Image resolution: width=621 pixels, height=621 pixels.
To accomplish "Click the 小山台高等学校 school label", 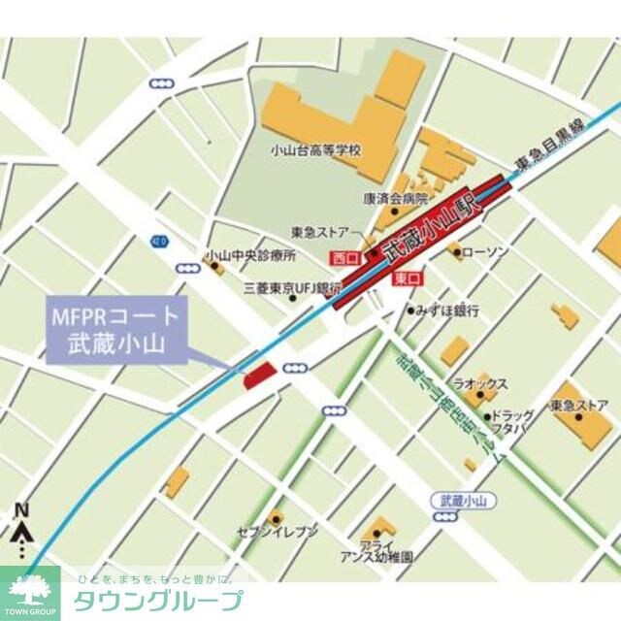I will click(x=316, y=150).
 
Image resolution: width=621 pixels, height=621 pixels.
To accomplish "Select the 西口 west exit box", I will click(x=344, y=258).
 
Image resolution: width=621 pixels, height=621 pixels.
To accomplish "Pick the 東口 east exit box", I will click(x=407, y=278).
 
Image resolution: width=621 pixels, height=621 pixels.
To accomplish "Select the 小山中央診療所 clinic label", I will click(x=250, y=256).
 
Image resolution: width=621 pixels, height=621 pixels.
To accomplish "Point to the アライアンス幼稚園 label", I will click(x=376, y=552).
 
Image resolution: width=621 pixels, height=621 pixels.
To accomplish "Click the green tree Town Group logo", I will click(x=29, y=590).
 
